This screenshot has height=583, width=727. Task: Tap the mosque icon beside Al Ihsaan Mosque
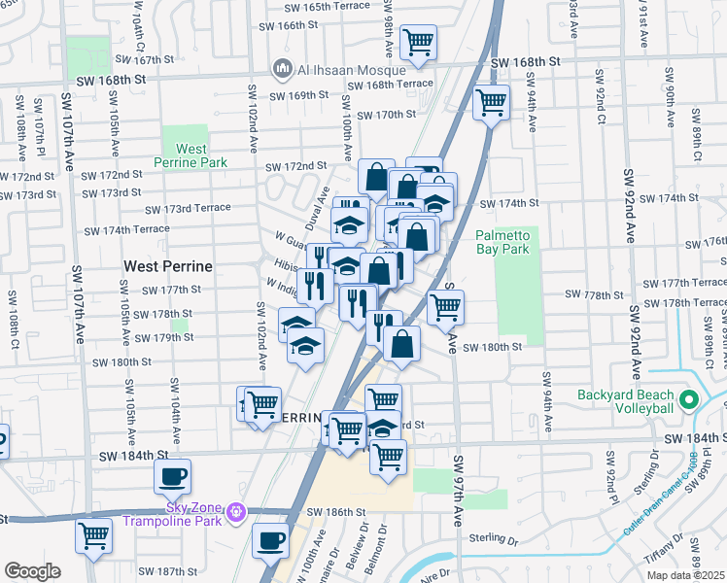point(284,69)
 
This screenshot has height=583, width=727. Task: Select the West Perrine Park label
point(190,155)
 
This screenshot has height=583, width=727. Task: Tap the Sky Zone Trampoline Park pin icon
point(234,511)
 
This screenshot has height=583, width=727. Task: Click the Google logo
point(32,571)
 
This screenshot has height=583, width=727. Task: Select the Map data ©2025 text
point(685,575)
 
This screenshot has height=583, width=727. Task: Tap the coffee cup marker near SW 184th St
point(172,476)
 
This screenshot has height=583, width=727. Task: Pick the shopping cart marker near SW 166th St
point(418,41)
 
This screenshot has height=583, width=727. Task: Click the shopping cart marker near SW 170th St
point(492,100)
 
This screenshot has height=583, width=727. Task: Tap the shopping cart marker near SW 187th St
point(94,533)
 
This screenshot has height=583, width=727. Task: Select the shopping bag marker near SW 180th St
point(401,342)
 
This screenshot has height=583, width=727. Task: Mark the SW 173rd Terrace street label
point(188,209)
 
